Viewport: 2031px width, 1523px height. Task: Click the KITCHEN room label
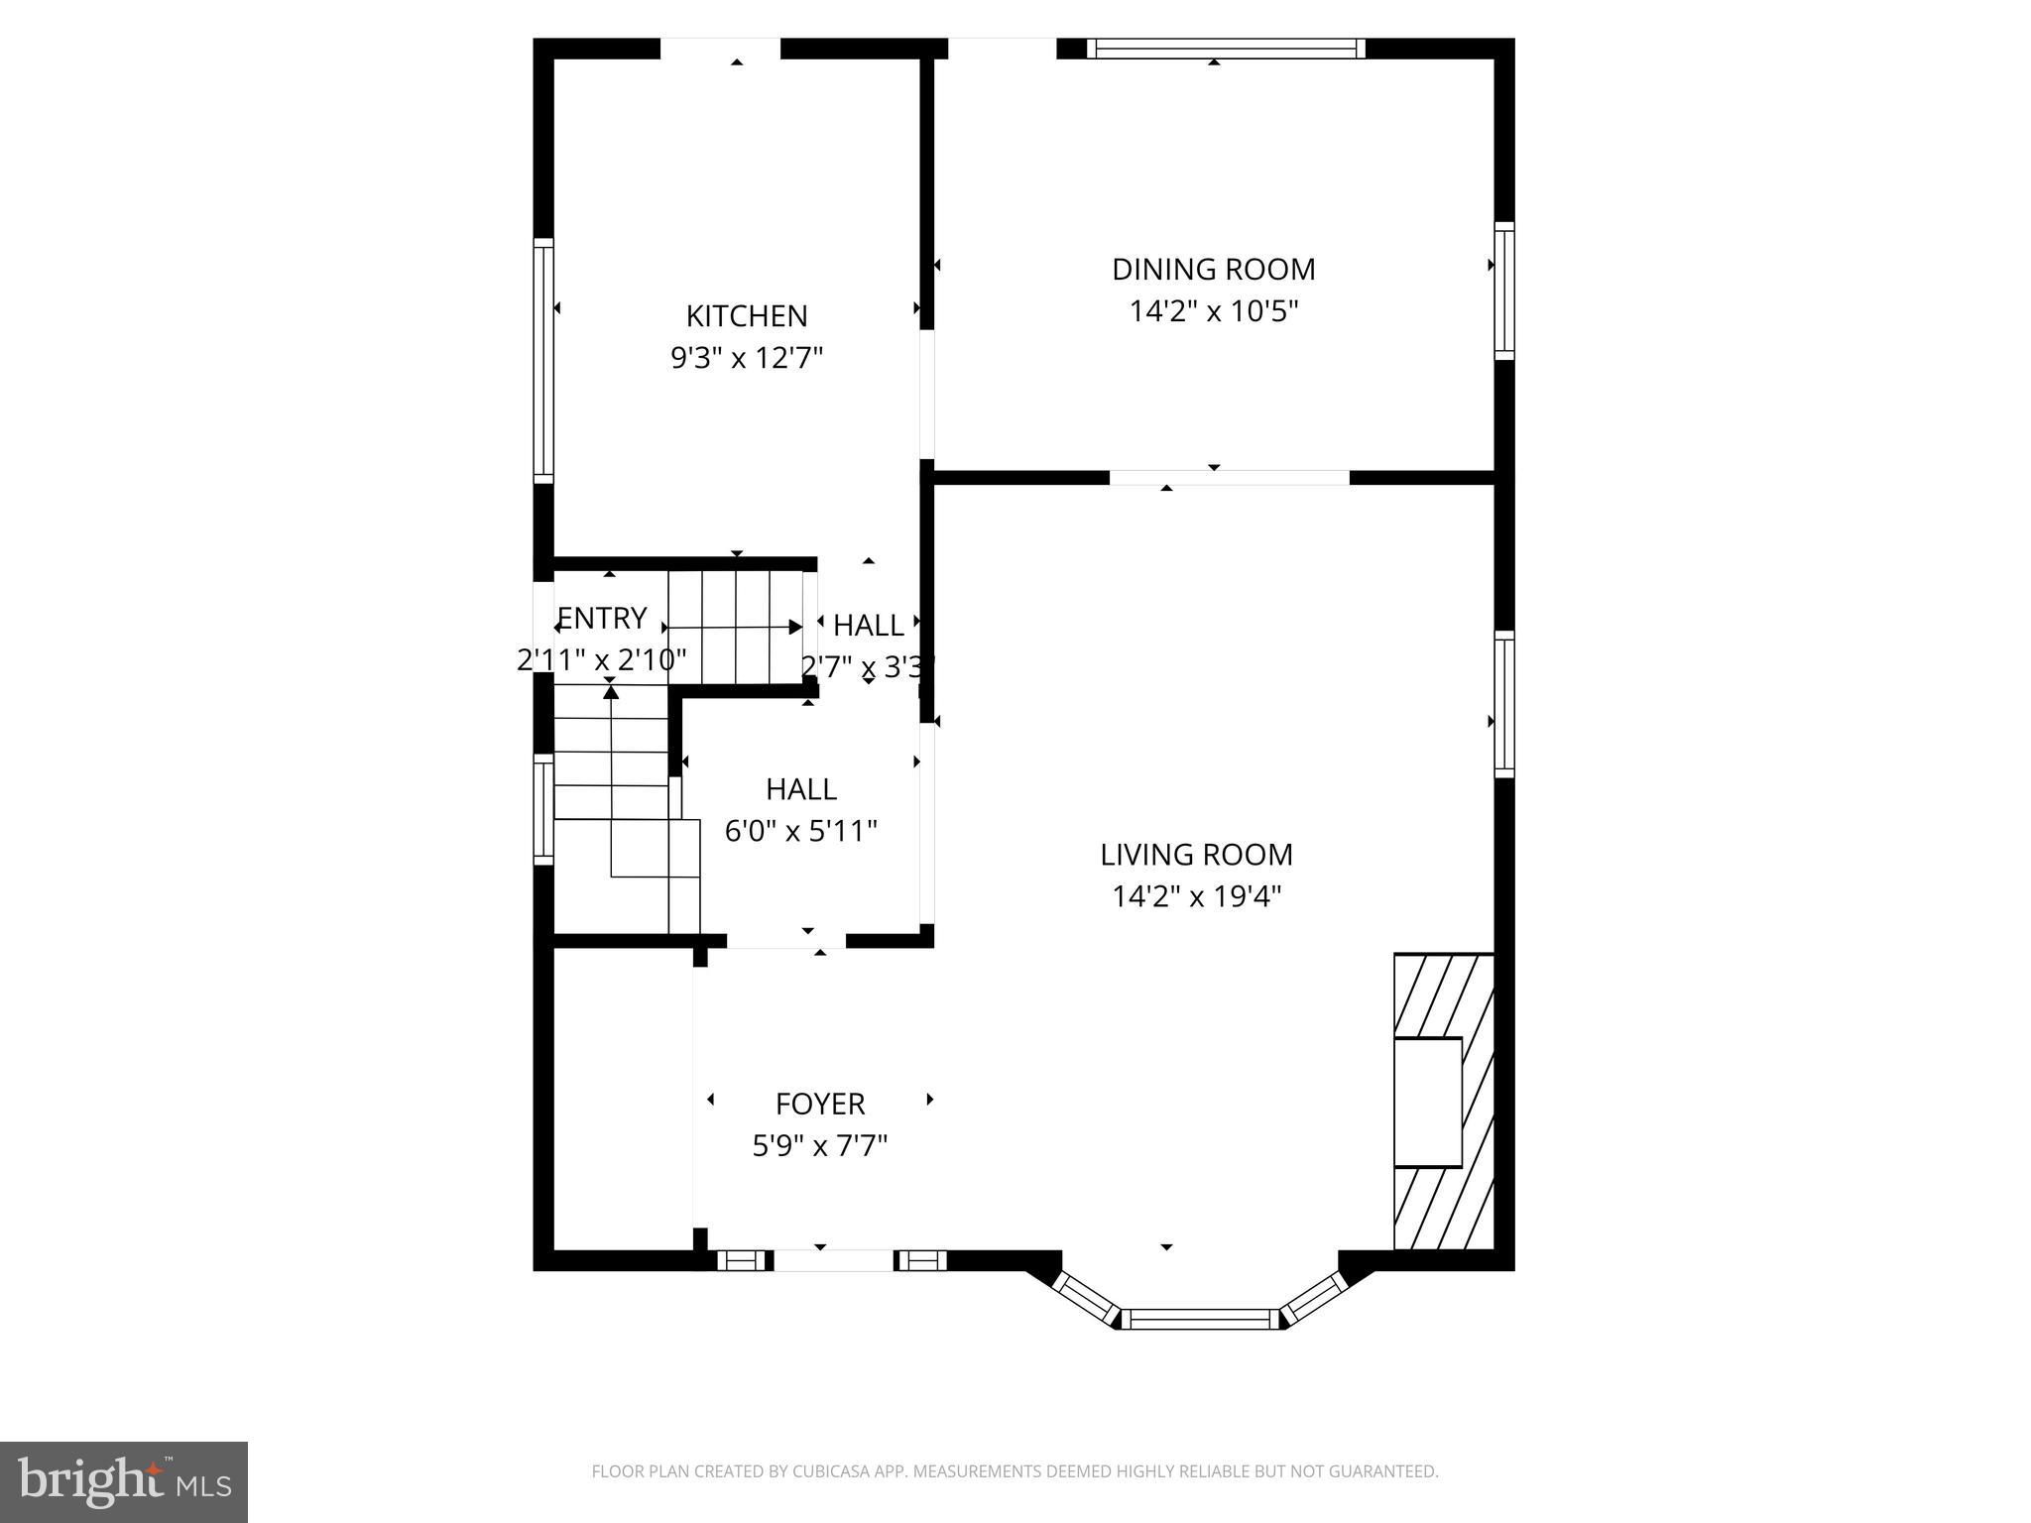pyautogui.click(x=746, y=316)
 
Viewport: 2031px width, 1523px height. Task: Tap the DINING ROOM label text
pyautogui.click(x=1213, y=270)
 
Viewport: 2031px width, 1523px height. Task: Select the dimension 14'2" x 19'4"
pyautogui.click(x=1196, y=897)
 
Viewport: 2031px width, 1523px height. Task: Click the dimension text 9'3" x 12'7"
pyautogui.click(x=747, y=358)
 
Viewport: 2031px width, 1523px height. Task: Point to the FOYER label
pyautogui.click(x=819, y=1104)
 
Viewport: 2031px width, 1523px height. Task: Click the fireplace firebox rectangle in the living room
pyautogui.click(x=1428, y=1102)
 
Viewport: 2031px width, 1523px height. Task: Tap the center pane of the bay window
pyautogui.click(x=1200, y=1319)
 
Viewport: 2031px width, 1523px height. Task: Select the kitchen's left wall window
pyautogui.click(x=543, y=361)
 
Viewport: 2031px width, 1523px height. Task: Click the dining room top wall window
pyautogui.click(x=1226, y=49)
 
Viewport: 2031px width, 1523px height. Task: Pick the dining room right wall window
pyautogui.click(x=1504, y=291)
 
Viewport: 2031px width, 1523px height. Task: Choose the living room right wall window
pyautogui.click(x=1504, y=704)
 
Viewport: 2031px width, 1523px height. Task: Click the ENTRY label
pyautogui.click(x=602, y=619)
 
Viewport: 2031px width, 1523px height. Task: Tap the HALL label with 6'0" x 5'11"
pyautogui.click(x=800, y=789)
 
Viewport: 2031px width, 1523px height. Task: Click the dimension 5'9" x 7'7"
pyautogui.click(x=819, y=1146)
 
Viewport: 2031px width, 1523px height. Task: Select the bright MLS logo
pyautogui.click(x=124, y=1481)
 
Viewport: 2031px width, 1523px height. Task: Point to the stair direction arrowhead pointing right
pyautogui.click(x=795, y=627)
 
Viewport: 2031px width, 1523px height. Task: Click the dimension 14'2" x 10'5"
pyautogui.click(x=1213, y=312)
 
